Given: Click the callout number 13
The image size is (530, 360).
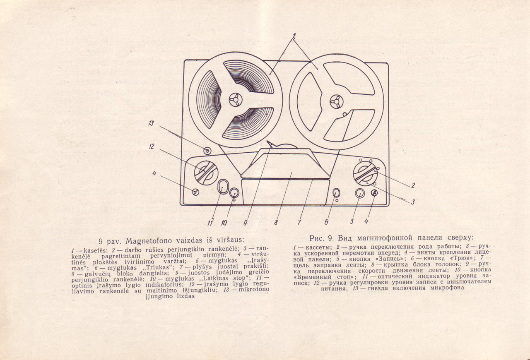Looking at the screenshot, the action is tap(151, 123).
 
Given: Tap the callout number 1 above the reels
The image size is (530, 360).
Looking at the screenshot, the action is tap(294, 36).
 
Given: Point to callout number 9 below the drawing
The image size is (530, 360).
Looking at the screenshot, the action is tap(246, 223).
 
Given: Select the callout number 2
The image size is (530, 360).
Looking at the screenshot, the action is tap(413, 185).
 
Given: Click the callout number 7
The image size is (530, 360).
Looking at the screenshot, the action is tap(299, 222).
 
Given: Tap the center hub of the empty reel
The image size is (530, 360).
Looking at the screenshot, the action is tap(337, 102).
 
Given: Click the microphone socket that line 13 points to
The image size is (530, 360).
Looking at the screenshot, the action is tap(207, 151).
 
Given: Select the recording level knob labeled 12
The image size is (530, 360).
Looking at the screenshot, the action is tap(206, 173).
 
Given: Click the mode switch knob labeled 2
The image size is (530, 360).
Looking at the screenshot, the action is tap(365, 174).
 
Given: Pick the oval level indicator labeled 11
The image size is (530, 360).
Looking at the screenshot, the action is tap(223, 187).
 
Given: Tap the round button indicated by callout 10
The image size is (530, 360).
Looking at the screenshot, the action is tap(234, 193).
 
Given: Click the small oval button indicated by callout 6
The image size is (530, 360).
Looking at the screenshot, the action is tap(336, 193).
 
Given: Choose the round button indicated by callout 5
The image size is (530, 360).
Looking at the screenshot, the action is tap(360, 193).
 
